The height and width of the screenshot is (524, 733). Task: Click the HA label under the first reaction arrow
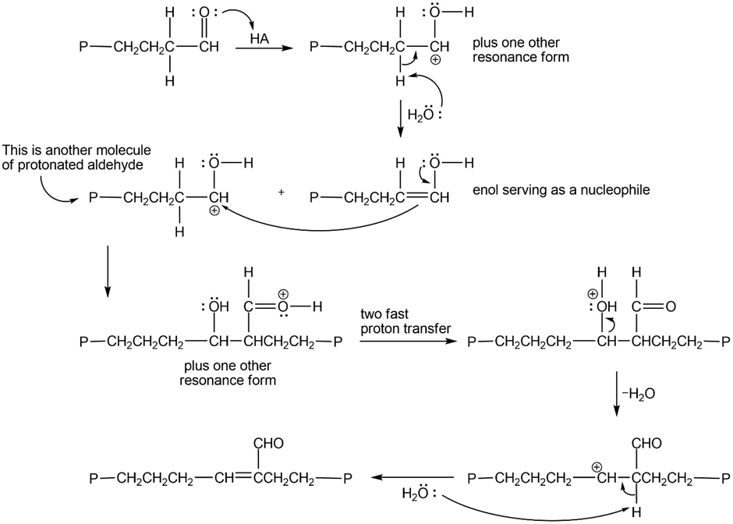point(260,38)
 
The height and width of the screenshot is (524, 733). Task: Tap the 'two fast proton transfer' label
point(405,321)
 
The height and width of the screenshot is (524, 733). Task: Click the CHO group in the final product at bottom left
point(264,444)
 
